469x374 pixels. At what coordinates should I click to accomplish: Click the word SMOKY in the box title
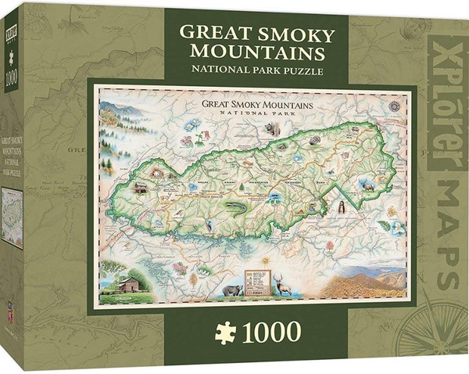(291, 36)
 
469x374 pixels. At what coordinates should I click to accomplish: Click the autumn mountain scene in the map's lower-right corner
(367, 282)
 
